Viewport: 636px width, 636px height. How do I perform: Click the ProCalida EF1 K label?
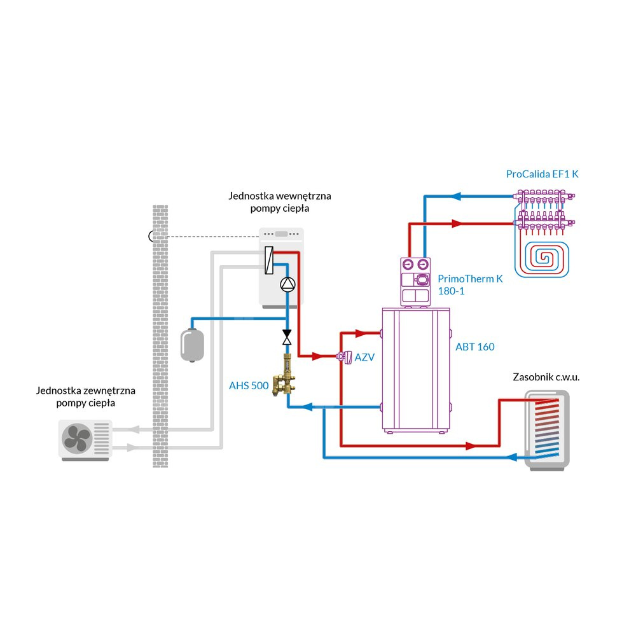click(x=543, y=174)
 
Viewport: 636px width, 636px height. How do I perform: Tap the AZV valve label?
click(x=364, y=357)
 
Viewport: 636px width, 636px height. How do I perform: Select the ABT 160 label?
click(x=474, y=347)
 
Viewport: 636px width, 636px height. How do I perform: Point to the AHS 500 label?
click(x=249, y=385)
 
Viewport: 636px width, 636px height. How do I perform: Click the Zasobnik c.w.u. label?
click(x=546, y=377)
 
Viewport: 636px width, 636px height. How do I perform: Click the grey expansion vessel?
click(x=190, y=343)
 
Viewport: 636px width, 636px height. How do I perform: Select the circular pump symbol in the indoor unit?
click(x=287, y=285)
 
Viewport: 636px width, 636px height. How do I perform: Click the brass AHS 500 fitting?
click(x=284, y=378)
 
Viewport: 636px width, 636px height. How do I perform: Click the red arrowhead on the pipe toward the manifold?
click(x=457, y=224)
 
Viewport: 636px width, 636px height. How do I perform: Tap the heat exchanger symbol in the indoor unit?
click(x=270, y=261)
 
